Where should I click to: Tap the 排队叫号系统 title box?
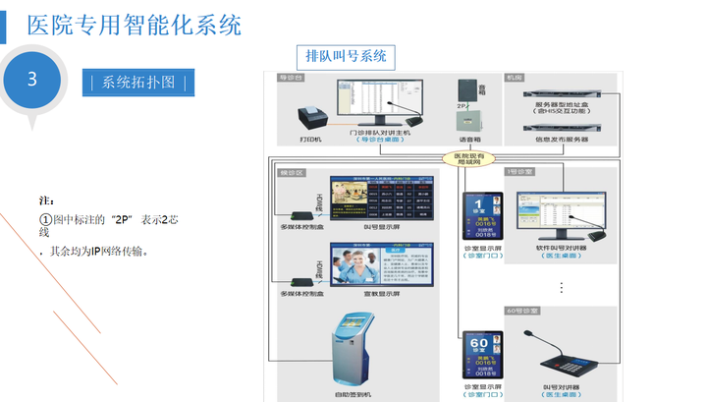tap(346, 56)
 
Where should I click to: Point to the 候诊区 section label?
tap(293, 172)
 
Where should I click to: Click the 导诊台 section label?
tap(288, 76)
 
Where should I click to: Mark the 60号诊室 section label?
tap(522, 311)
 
